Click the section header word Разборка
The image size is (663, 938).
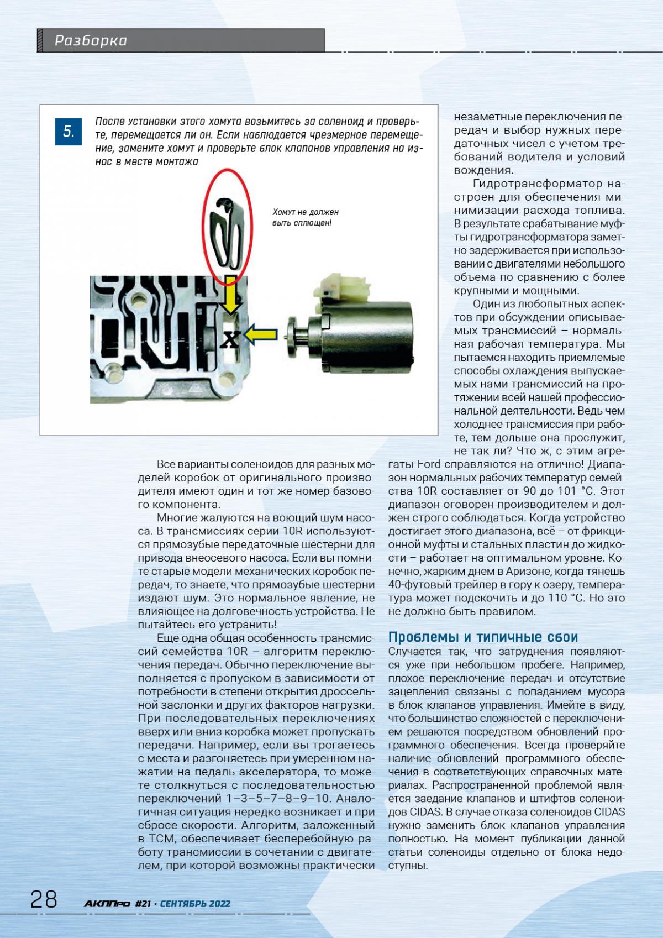tap(91, 40)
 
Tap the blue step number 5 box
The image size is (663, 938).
tap(69, 132)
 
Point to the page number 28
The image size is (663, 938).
tap(44, 899)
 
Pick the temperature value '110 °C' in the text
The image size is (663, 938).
tap(577, 598)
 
